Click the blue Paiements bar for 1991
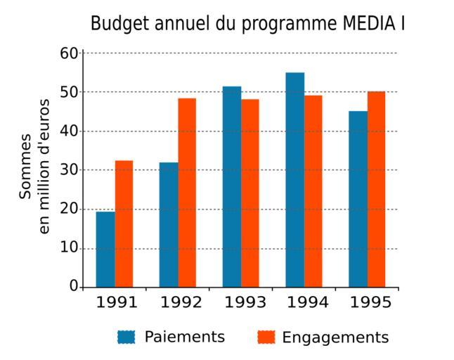coord(105,250)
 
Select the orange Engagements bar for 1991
coord(124,224)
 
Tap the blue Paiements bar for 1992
coord(169,225)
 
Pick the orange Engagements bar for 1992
coord(187,193)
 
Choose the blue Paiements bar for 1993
coord(232,187)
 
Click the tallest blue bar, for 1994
coord(295,180)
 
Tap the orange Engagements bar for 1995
coord(377,189)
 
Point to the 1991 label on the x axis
coord(117,303)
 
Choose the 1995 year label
coord(371,303)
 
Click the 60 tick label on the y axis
coord(69,53)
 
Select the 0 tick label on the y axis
coord(73,287)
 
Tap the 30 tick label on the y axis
coord(69,170)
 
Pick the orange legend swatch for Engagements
coord(266,337)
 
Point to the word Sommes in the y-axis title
coord(26,166)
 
